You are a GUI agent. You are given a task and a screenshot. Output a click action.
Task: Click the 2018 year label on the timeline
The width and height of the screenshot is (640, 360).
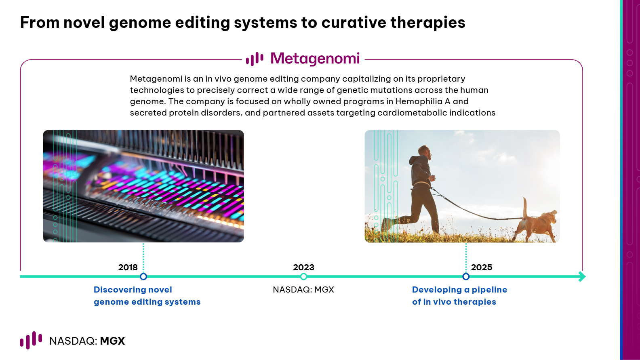tap(128, 267)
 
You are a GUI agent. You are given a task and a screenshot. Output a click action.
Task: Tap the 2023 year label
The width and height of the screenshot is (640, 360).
tap(303, 267)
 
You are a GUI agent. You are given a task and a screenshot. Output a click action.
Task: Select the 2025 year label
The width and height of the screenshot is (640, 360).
tap(482, 267)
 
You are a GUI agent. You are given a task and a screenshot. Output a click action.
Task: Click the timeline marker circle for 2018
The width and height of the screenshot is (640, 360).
tap(143, 277)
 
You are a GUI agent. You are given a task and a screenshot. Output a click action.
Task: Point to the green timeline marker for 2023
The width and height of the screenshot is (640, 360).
tap(304, 277)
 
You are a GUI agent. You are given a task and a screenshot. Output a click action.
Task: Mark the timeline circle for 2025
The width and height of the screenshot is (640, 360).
tap(466, 277)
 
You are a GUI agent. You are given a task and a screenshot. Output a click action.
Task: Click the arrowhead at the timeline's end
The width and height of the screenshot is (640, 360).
tap(582, 277)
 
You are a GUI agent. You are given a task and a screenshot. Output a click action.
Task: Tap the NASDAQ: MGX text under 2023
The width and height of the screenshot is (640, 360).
tap(303, 290)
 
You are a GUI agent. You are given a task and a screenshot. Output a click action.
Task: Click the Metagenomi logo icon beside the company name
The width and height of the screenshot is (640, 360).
tap(255, 59)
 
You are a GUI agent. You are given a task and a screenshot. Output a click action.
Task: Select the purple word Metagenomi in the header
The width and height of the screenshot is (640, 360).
tap(315, 59)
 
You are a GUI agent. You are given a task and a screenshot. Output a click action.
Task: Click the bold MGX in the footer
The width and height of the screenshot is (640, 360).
tap(112, 341)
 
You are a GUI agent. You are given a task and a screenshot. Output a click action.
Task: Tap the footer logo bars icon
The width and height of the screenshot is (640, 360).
tap(31, 340)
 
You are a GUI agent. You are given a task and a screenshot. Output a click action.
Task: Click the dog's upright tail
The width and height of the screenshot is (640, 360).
tap(525, 208)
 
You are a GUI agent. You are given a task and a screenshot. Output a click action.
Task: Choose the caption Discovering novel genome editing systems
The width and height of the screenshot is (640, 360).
tap(147, 296)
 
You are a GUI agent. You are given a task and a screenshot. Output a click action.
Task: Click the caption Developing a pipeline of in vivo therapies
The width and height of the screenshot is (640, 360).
tap(459, 296)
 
